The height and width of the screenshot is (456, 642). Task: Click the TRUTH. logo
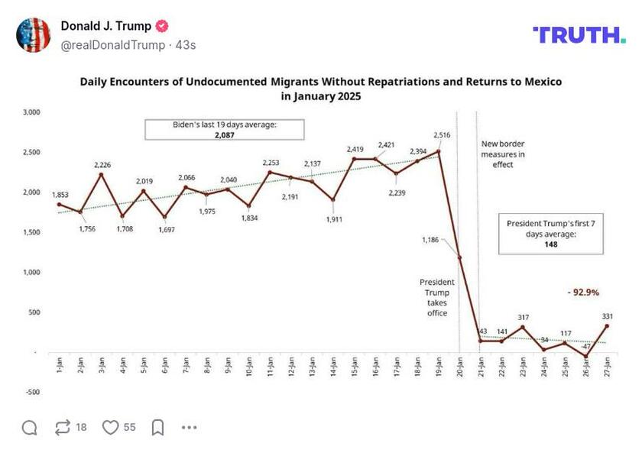579,34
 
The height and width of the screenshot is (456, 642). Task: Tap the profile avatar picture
33,35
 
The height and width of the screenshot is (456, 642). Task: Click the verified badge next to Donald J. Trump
162,26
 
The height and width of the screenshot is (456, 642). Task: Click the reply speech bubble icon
29,427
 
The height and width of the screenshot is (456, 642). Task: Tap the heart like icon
111,427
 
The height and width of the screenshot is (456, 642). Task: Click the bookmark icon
157,427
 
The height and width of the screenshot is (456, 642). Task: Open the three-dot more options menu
190,427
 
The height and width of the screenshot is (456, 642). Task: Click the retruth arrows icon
63,427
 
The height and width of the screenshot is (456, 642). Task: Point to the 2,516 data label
442,135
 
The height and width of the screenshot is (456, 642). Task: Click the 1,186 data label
431,240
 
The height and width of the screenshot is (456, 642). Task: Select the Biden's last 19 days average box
224,129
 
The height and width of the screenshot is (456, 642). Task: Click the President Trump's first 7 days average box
551,234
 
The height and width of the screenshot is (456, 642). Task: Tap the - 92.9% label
582,292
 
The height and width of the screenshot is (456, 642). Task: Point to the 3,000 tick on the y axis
30,112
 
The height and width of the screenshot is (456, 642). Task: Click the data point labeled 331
608,326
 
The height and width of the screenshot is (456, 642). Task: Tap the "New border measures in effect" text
503,154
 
